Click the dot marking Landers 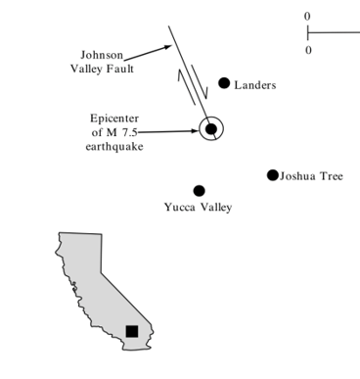coord(224,83)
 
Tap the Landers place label coord(255,85)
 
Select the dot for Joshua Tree coord(273,175)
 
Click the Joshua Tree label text coord(311,176)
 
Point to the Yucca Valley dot coord(199,191)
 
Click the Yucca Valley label coord(198,208)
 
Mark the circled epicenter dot coord(210,129)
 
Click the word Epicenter coord(115,118)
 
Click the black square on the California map coord(131,331)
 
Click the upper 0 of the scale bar coord(307,17)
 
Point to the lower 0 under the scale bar coord(308,50)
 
